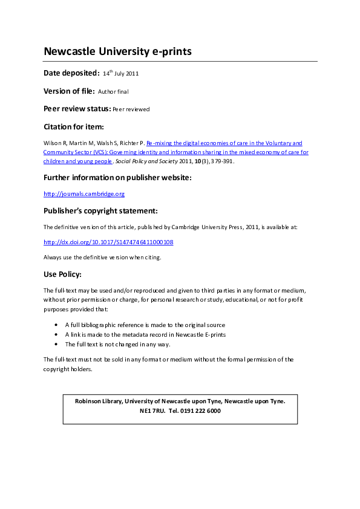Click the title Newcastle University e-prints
click(117, 51)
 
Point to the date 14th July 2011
click(121, 73)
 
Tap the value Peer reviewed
click(131, 109)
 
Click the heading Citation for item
click(74, 127)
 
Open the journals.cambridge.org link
click(84, 194)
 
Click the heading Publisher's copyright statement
click(100, 211)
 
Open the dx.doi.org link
click(108, 242)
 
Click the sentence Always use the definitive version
click(102, 257)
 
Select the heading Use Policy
click(62, 274)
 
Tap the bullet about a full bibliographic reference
click(145, 325)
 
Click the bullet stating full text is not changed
click(117, 344)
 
